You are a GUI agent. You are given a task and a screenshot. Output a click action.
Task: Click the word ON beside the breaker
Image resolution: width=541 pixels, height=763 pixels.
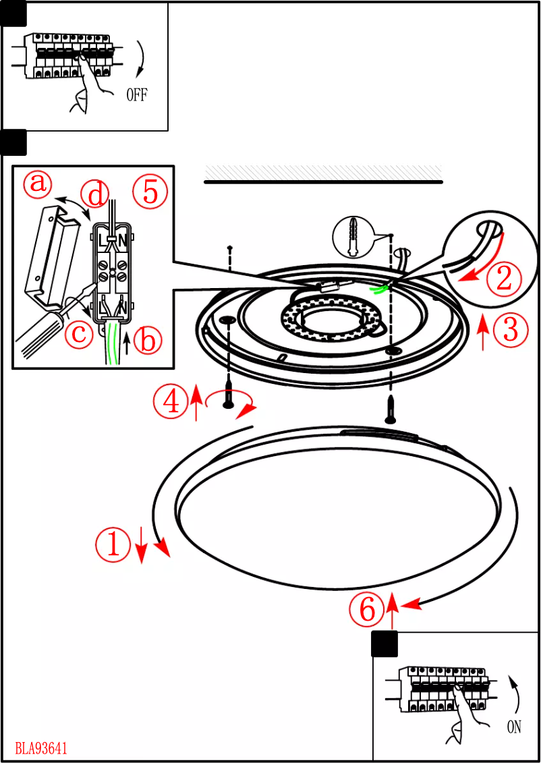(514, 728)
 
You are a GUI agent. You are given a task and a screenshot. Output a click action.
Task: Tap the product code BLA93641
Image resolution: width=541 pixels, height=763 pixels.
(41, 748)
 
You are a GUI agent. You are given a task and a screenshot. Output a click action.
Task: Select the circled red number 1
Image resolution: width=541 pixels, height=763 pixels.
(112, 544)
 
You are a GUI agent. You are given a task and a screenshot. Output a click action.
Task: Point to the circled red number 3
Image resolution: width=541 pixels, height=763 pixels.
(511, 330)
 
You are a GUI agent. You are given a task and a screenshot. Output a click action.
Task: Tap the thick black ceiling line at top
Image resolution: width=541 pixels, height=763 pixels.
(323, 182)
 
